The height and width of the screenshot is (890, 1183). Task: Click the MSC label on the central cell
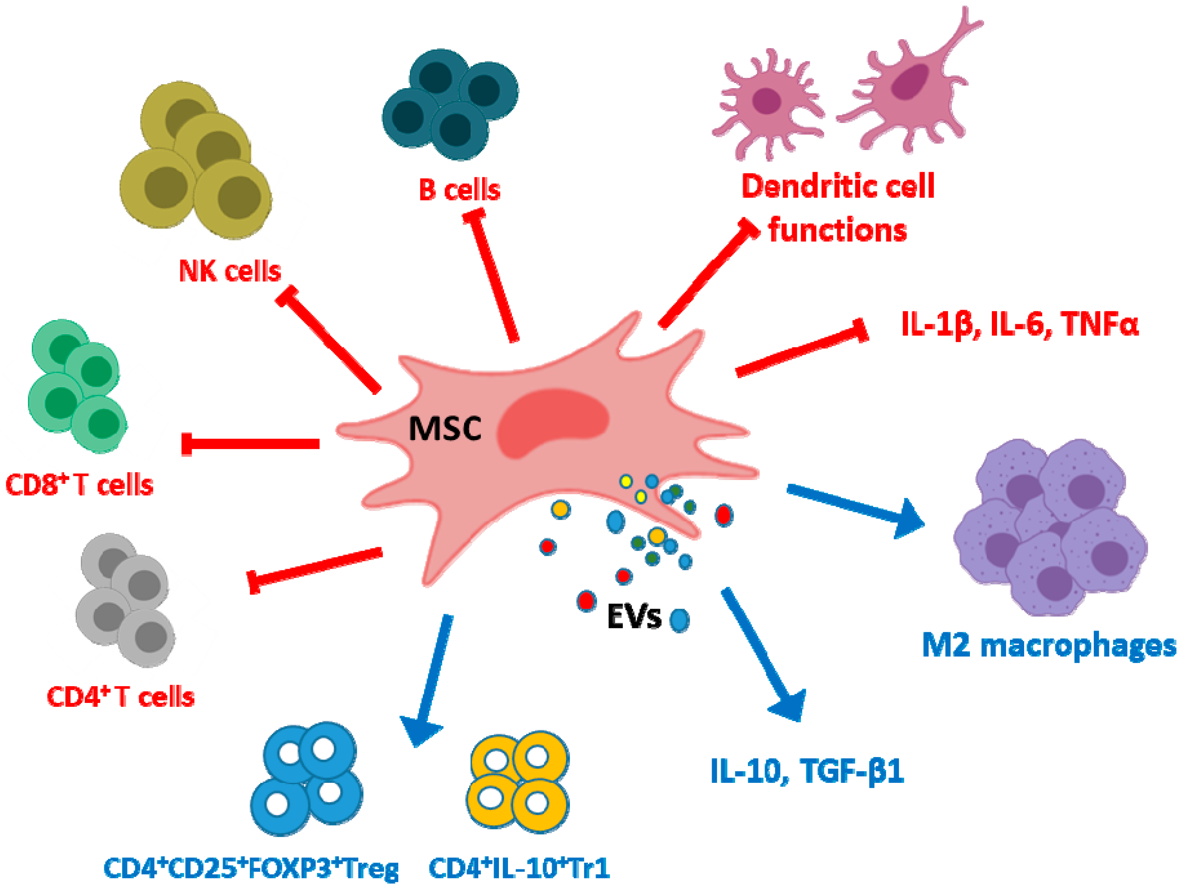coord(445,429)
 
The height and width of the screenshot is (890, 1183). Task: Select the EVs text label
coord(634,617)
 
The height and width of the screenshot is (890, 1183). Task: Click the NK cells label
coord(229,271)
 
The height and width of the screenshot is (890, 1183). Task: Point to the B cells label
coord(459,190)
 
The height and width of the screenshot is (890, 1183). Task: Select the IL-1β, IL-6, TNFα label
coord(1019,324)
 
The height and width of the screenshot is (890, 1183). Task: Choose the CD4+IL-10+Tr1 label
coord(519,868)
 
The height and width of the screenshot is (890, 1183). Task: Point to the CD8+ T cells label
coord(79,485)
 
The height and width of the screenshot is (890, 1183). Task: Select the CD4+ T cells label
coord(121,696)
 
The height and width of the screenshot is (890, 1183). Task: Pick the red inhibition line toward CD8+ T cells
coord(251,443)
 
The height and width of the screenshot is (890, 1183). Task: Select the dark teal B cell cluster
coord(449,104)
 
